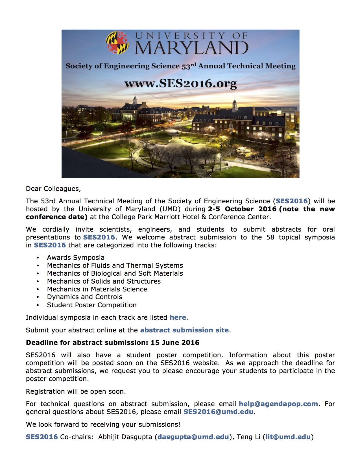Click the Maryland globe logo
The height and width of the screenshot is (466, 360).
(117, 42)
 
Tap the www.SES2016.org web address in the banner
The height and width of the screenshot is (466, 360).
(180, 83)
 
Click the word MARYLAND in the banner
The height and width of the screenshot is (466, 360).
(191, 48)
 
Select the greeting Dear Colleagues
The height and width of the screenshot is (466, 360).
(53, 189)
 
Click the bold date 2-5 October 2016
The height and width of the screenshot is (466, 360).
(242, 209)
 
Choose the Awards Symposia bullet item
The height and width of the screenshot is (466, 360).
(76, 258)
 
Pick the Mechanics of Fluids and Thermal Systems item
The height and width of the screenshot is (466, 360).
(115, 265)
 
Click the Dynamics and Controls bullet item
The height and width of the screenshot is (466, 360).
(84, 297)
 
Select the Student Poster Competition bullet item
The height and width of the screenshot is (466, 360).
(92, 305)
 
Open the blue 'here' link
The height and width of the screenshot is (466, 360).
(178, 317)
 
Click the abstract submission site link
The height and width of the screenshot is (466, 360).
(184, 330)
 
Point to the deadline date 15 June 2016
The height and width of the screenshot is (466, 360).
(175, 343)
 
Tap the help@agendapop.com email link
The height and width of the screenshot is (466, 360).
(278, 404)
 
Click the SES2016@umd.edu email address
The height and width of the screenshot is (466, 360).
(218, 412)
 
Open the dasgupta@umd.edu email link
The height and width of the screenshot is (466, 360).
(193, 437)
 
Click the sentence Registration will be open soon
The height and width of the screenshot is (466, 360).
(76, 391)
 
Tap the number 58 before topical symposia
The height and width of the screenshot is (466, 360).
(270, 237)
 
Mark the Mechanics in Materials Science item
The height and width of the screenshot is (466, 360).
(97, 289)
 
